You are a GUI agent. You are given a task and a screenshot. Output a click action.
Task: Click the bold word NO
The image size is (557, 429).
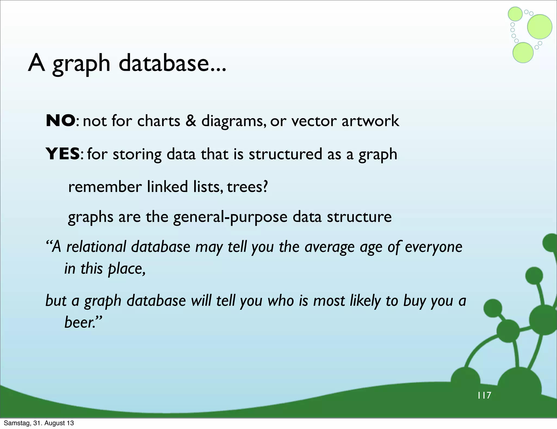click(60, 121)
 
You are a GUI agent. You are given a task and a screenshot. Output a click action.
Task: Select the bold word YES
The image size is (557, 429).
click(63, 154)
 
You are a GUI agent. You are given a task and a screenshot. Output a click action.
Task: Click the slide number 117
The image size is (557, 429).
click(484, 395)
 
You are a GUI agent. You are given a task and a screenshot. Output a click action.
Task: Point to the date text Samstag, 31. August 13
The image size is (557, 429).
click(39, 423)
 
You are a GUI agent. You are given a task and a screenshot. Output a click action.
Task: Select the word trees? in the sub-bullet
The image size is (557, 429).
click(247, 187)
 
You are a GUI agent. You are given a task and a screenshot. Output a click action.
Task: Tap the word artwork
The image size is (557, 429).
click(370, 121)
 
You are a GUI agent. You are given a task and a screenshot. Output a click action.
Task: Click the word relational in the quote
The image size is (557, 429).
click(96, 247)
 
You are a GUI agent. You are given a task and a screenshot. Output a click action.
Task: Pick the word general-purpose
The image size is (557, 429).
click(230, 217)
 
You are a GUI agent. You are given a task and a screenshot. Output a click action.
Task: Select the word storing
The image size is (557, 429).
click(137, 154)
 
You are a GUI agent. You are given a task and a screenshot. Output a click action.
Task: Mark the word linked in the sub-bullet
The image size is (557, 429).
click(167, 187)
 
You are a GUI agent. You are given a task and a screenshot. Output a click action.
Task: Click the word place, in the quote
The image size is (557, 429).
click(127, 269)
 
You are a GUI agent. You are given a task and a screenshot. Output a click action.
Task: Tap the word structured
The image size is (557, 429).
click(285, 154)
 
